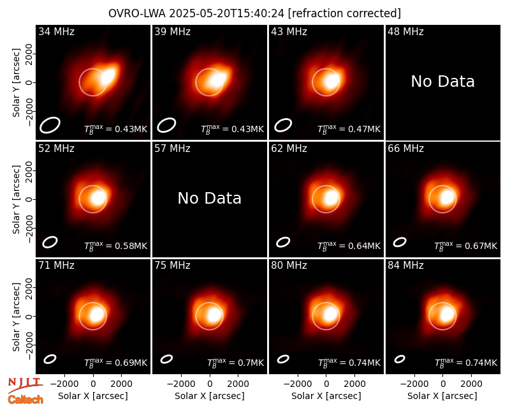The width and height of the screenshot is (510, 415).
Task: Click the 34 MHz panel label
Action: pyautogui.click(x=56, y=31)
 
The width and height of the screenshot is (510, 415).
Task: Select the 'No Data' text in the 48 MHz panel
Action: pyautogui.click(x=442, y=82)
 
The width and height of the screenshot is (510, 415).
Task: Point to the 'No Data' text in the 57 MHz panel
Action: pyautogui.click(x=210, y=198)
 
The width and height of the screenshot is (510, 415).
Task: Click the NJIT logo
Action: pyautogui.click(x=25, y=384)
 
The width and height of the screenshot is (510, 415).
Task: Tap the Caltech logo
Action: pyautogui.click(x=25, y=400)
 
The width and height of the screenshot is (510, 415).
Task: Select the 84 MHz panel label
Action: pyautogui.click(x=405, y=266)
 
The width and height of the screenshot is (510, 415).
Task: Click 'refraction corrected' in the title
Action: pyautogui.click(x=344, y=13)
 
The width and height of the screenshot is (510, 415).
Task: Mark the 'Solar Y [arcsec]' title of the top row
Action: pyautogui.click(x=16, y=83)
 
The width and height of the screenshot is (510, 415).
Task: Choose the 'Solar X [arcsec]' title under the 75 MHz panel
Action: pyautogui.click(x=210, y=396)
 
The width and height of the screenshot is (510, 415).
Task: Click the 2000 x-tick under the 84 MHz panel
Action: pyautogui.click(x=471, y=384)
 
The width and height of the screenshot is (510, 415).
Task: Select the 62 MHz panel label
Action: pyautogui.click(x=289, y=149)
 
